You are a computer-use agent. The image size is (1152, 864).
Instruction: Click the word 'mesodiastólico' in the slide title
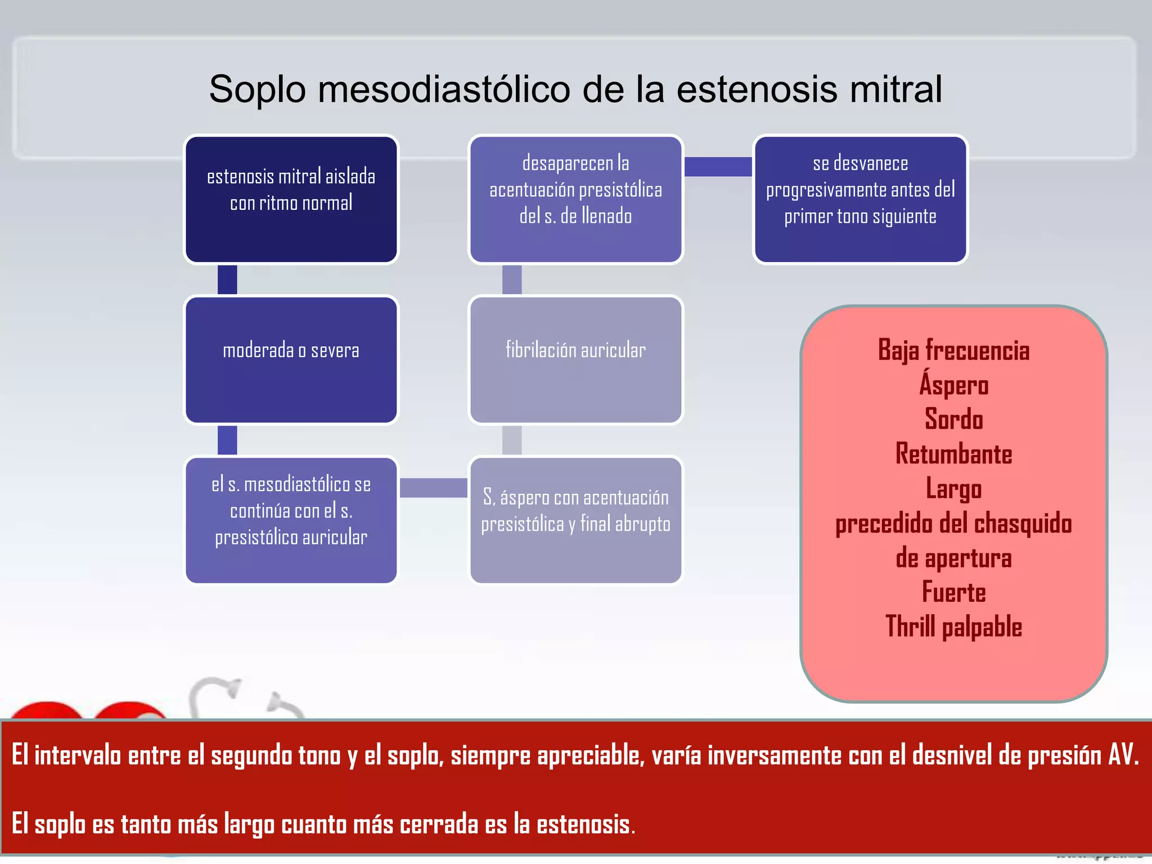tap(444, 90)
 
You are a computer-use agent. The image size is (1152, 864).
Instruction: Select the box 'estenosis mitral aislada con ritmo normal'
tap(291, 200)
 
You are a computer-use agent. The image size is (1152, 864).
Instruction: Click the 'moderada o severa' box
tap(291, 360)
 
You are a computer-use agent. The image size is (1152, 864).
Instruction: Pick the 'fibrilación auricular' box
tap(575, 360)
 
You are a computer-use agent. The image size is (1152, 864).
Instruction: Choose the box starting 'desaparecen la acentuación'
tap(575, 200)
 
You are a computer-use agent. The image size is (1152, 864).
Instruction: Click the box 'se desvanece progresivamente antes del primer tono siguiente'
tap(860, 200)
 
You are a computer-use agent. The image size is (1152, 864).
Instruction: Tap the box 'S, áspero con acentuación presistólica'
tap(575, 520)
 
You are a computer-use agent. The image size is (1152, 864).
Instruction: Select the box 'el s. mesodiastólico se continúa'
tap(291, 520)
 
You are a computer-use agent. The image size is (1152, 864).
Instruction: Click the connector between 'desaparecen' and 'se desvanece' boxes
tap(718, 166)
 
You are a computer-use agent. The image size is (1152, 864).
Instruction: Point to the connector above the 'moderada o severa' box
tap(227, 280)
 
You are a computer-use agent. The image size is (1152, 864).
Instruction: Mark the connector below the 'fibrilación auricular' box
tap(512, 440)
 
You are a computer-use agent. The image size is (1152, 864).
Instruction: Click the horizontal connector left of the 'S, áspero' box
tap(433, 488)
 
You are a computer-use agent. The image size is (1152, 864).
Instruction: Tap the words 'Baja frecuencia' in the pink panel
tap(953, 350)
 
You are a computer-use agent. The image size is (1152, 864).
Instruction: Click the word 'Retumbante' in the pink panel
tap(953, 454)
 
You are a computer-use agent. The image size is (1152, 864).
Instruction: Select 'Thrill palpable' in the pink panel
tap(953, 627)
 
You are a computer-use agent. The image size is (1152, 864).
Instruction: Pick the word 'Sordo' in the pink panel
tap(953, 420)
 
